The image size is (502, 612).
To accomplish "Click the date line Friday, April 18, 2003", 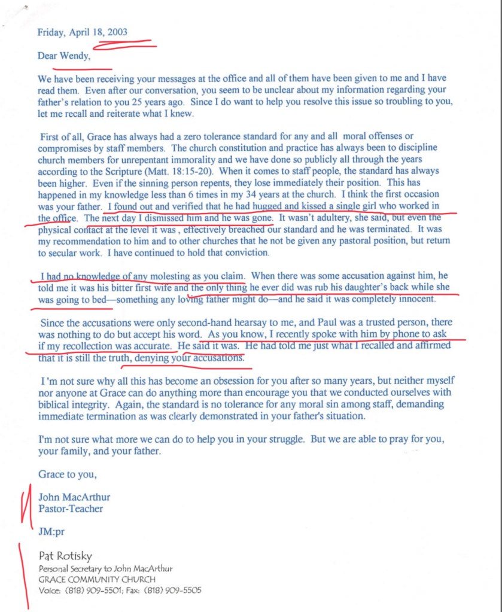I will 82,32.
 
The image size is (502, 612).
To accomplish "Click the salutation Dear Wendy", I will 64,57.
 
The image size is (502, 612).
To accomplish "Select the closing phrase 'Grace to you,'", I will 67,474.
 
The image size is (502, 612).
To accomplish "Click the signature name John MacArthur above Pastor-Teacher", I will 74,497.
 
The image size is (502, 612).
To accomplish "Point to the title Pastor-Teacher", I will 71,509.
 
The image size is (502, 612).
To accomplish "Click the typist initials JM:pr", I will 51,530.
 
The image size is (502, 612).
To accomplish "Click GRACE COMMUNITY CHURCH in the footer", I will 97,579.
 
